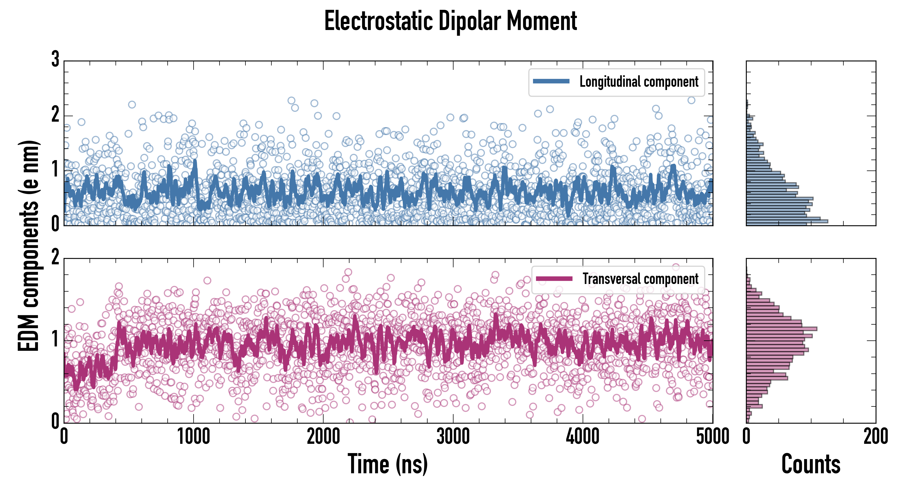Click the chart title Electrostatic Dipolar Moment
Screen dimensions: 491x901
point(450,21)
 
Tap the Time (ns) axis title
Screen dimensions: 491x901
point(387,464)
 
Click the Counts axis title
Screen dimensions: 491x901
point(811,464)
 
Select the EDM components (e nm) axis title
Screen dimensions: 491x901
point(29,246)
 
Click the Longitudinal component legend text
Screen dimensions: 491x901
point(639,82)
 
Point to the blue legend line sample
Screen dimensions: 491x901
point(551,82)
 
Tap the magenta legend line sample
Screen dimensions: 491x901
point(554,279)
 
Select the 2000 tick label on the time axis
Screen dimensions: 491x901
point(324,437)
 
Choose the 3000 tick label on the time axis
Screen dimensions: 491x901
point(453,437)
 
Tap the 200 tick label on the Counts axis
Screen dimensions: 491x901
point(875,437)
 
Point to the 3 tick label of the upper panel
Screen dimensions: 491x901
point(55,59)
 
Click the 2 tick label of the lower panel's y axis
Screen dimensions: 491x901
point(55,258)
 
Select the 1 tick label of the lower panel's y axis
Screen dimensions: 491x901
point(55,339)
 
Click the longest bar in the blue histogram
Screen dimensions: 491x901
point(787,221)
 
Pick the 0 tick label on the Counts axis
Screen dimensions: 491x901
point(746,437)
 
